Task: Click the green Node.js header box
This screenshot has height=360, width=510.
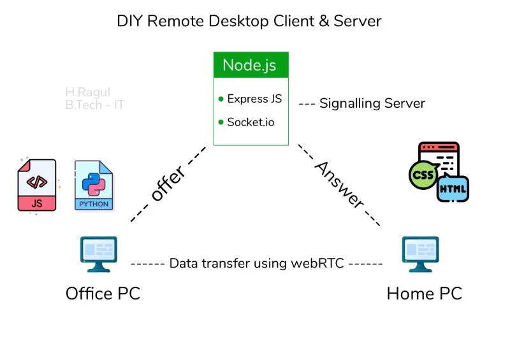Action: pyautogui.click(x=251, y=65)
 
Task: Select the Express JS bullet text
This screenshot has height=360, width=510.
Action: pyautogui.click(x=254, y=99)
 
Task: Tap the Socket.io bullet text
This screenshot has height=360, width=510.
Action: pyautogui.click(x=251, y=122)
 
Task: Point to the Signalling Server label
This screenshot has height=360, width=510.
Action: pyautogui.click(x=372, y=103)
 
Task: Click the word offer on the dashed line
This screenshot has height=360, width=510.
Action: pyautogui.click(x=168, y=184)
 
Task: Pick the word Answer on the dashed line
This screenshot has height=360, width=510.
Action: pyautogui.click(x=340, y=185)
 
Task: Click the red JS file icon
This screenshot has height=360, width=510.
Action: pyautogui.click(x=36, y=185)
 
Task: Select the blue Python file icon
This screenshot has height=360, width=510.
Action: pyautogui.click(x=94, y=185)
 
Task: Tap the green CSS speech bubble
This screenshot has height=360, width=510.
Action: pyautogui.click(x=423, y=174)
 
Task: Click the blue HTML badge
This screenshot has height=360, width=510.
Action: pyautogui.click(x=453, y=189)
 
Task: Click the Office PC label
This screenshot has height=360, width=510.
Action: pyautogui.click(x=103, y=294)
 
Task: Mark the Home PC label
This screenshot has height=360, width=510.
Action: pyautogui.click(x=424, y=294)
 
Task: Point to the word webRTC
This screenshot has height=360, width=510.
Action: pyautogui.click(x=321, y=263)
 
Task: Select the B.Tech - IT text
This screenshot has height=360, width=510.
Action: pyautogui.click(x=94, y=105)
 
